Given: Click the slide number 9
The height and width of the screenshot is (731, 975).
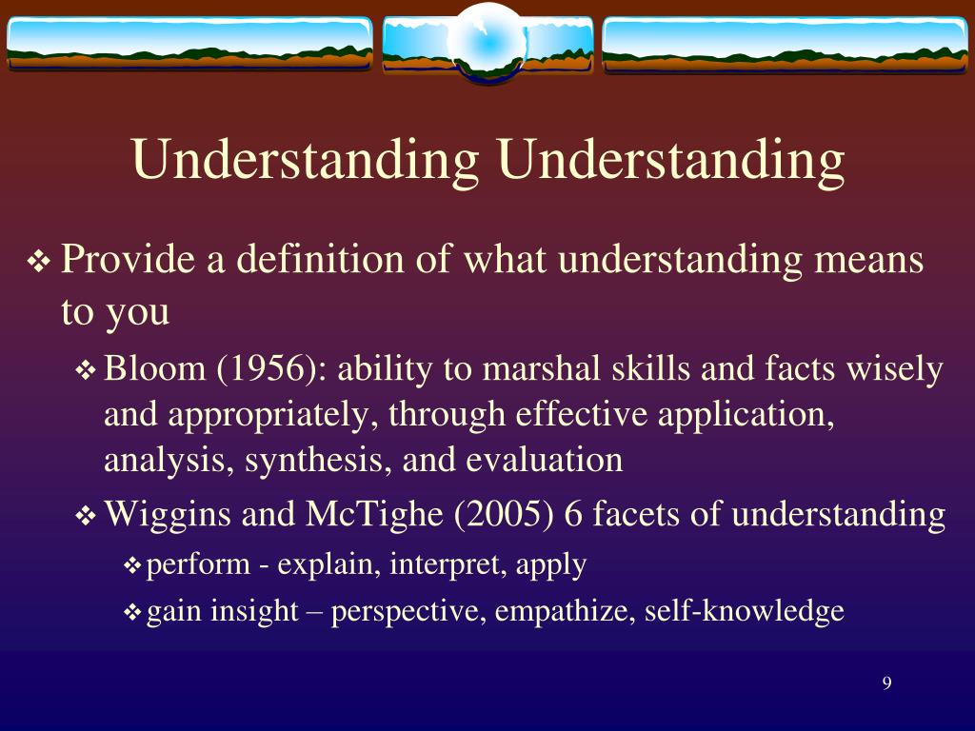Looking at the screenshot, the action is [886, 683].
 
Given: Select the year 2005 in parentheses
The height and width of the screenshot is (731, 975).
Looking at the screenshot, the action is [504, 515].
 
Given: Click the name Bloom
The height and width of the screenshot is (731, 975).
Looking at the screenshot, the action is [155, 368].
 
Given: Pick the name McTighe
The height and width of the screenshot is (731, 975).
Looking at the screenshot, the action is [374, 516].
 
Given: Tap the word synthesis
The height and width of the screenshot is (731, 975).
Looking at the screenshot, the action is [313, 462].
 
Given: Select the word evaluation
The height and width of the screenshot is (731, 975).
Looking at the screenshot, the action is [544, 461].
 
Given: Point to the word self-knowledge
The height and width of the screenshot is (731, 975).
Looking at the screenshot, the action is [745, 610].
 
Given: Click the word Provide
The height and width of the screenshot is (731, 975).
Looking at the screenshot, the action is [129, 259].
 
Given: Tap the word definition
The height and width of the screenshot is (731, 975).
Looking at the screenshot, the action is [321, 259].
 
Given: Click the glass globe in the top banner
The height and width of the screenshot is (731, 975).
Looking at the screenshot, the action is [488, 43].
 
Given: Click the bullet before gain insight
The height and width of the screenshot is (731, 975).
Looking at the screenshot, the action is [133, 613].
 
